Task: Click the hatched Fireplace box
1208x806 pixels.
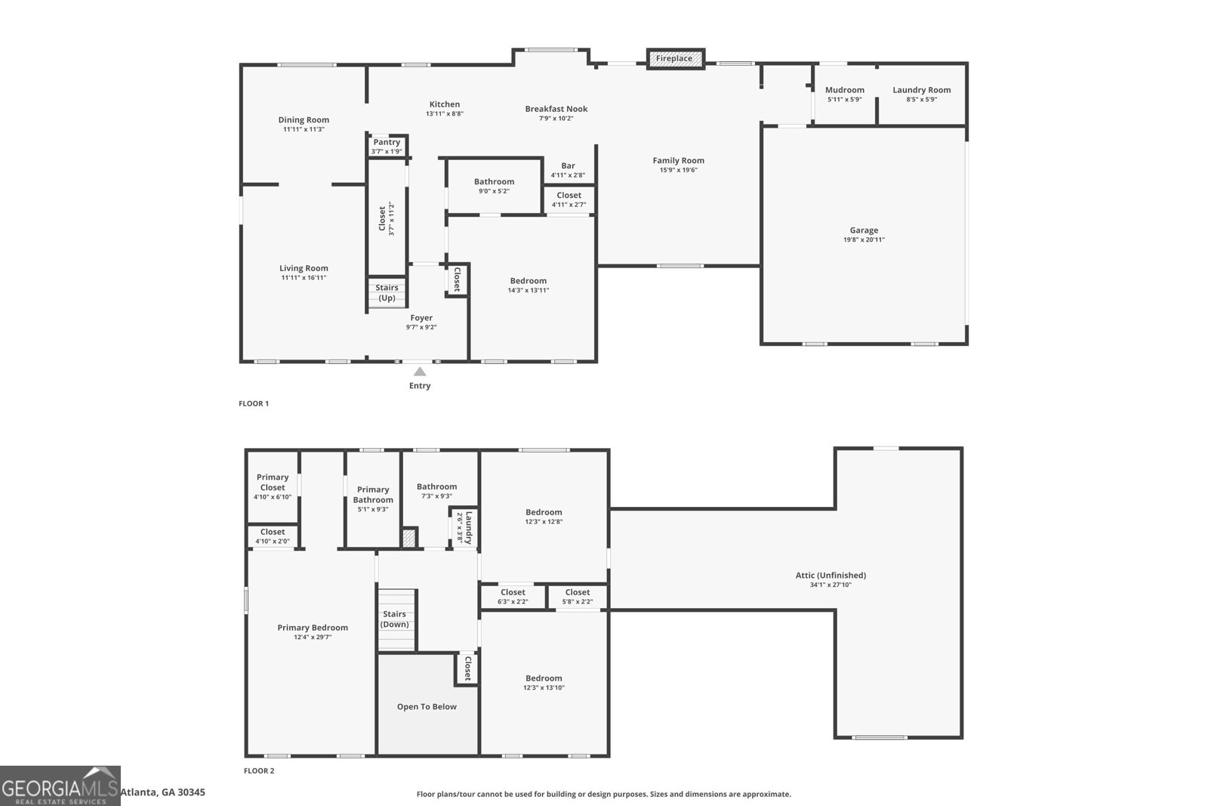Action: coord(675,59)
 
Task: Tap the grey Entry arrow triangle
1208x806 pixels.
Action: coord(420,372)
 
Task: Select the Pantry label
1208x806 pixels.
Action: coord(387,142)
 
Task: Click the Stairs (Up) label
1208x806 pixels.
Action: coord(387,292)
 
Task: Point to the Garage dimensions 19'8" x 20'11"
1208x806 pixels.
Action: coord(864,240)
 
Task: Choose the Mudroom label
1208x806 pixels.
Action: coord(844,90)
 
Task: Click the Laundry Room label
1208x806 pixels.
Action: coord(921,90)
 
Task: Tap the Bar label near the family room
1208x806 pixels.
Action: coord(568,166)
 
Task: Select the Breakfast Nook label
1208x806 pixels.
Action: coord(556,109)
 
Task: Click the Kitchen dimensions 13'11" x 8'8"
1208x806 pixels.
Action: coord(444,114)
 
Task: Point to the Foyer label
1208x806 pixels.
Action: coord(421,318)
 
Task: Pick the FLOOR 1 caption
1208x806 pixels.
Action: coord(254,403)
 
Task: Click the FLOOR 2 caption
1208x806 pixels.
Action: coord(259,771)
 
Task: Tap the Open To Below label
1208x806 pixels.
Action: coord(427,707)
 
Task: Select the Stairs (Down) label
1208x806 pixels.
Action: coord(394,619)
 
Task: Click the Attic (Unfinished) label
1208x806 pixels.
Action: coord(830,575)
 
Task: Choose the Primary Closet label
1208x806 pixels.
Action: coord(273,482)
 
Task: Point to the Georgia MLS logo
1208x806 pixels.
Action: coord(60,786)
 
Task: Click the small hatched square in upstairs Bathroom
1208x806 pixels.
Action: coord(408,538)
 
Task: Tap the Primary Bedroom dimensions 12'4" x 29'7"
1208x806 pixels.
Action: coord(313,638)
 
